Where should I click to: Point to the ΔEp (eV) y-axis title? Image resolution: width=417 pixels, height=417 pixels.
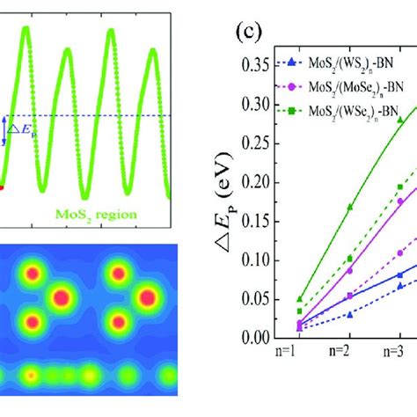[226, 204]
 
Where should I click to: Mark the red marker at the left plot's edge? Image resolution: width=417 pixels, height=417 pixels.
[2, 187]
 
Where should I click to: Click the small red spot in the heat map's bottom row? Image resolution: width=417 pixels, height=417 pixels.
[31, 376]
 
